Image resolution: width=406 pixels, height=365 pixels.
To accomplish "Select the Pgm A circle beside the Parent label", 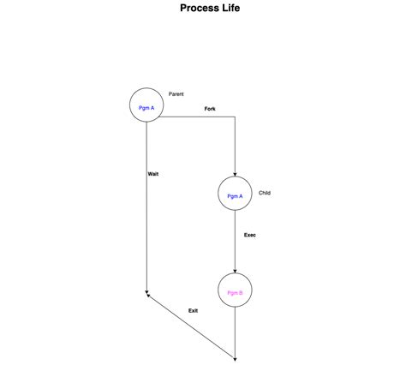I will click(x=146, y=106).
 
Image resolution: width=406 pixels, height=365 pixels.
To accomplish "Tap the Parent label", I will click(x=176, y=93).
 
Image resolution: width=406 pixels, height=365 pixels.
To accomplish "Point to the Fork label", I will click(x=210, y=109).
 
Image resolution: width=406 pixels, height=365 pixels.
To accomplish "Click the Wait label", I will click(x=152, y=174).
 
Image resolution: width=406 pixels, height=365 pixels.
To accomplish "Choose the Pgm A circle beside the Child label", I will click(x=235, y=194).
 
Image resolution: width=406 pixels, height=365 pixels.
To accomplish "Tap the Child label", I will click(x=265, y=193).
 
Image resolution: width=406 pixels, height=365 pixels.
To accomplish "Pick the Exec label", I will click(x=249, y=235).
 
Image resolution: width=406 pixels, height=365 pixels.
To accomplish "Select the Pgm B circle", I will click(x=235, y=291).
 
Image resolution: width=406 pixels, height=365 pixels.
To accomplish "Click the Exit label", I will click(x=193, y=310).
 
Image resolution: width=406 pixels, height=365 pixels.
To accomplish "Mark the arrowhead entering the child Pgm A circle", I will click(x=235, y=174).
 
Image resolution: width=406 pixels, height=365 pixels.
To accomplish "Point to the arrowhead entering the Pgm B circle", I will click(x=235, y=271).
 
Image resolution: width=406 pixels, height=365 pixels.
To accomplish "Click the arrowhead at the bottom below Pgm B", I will click(x=235, y=357).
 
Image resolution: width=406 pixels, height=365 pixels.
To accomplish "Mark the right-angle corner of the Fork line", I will click(x=235, y=117).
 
